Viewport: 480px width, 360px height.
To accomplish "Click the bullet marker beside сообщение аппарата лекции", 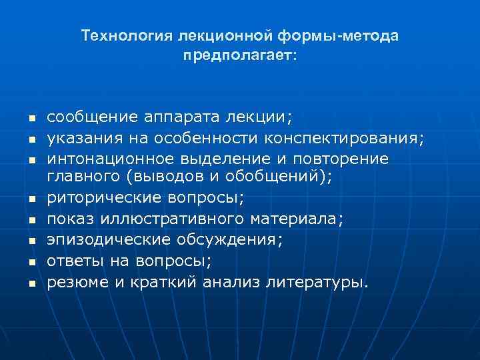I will pos(31,119).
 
